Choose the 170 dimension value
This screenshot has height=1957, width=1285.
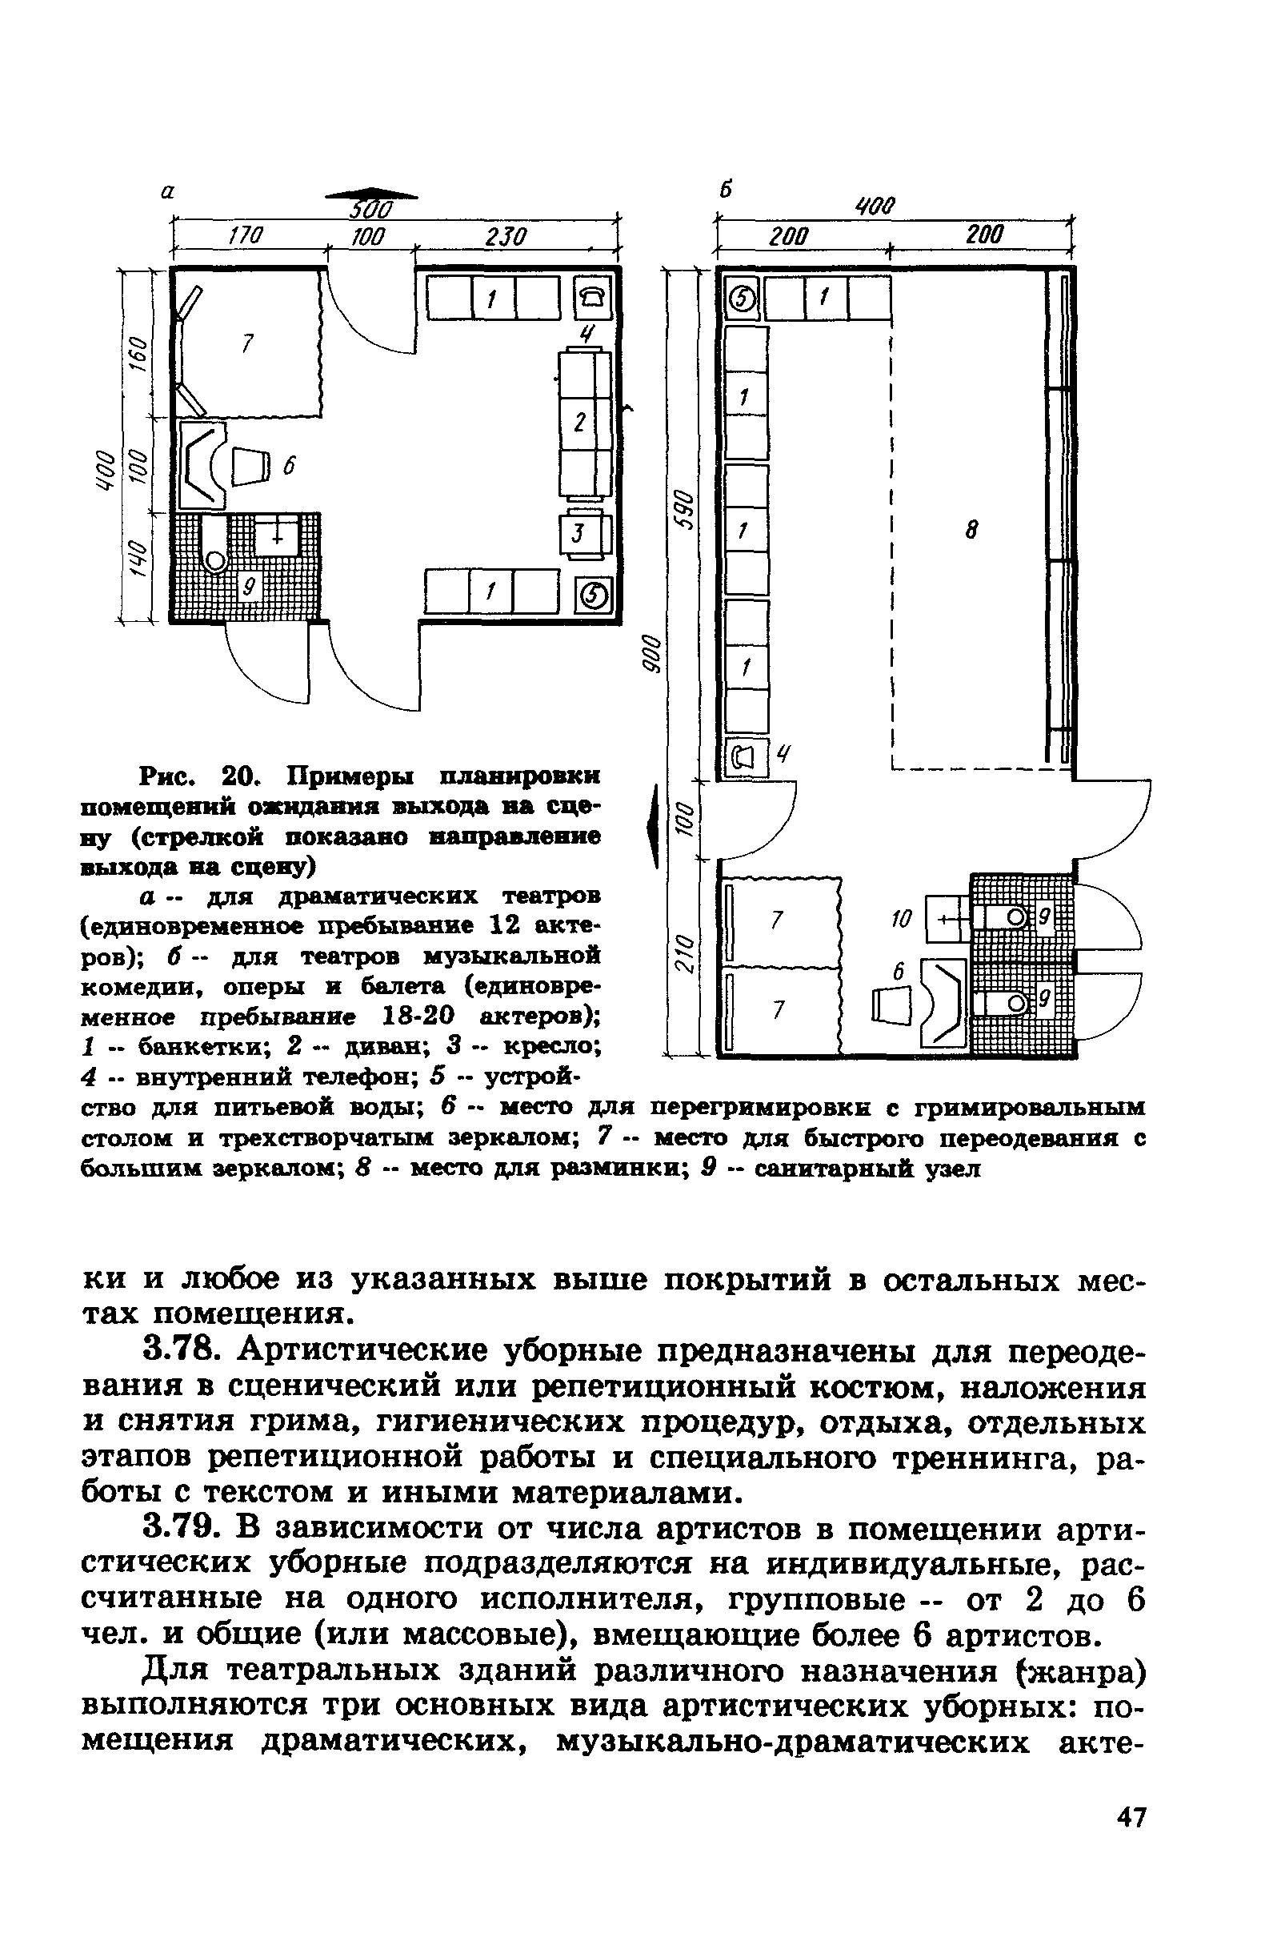click(244, 237)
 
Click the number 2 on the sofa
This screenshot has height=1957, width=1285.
click(580, 423)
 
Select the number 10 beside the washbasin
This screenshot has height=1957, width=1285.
click(902, 917)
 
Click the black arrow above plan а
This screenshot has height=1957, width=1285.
click(370, 194)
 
